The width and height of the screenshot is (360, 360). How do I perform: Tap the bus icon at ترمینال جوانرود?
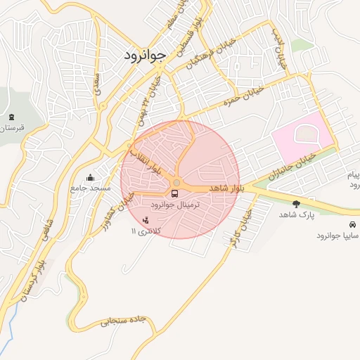(x=174, y=193)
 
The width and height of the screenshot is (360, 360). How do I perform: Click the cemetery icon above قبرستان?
(x=10, y=117)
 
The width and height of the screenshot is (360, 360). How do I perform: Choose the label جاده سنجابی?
(x=122, y=321)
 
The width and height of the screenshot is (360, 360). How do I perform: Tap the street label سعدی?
(x=96, y=82)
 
